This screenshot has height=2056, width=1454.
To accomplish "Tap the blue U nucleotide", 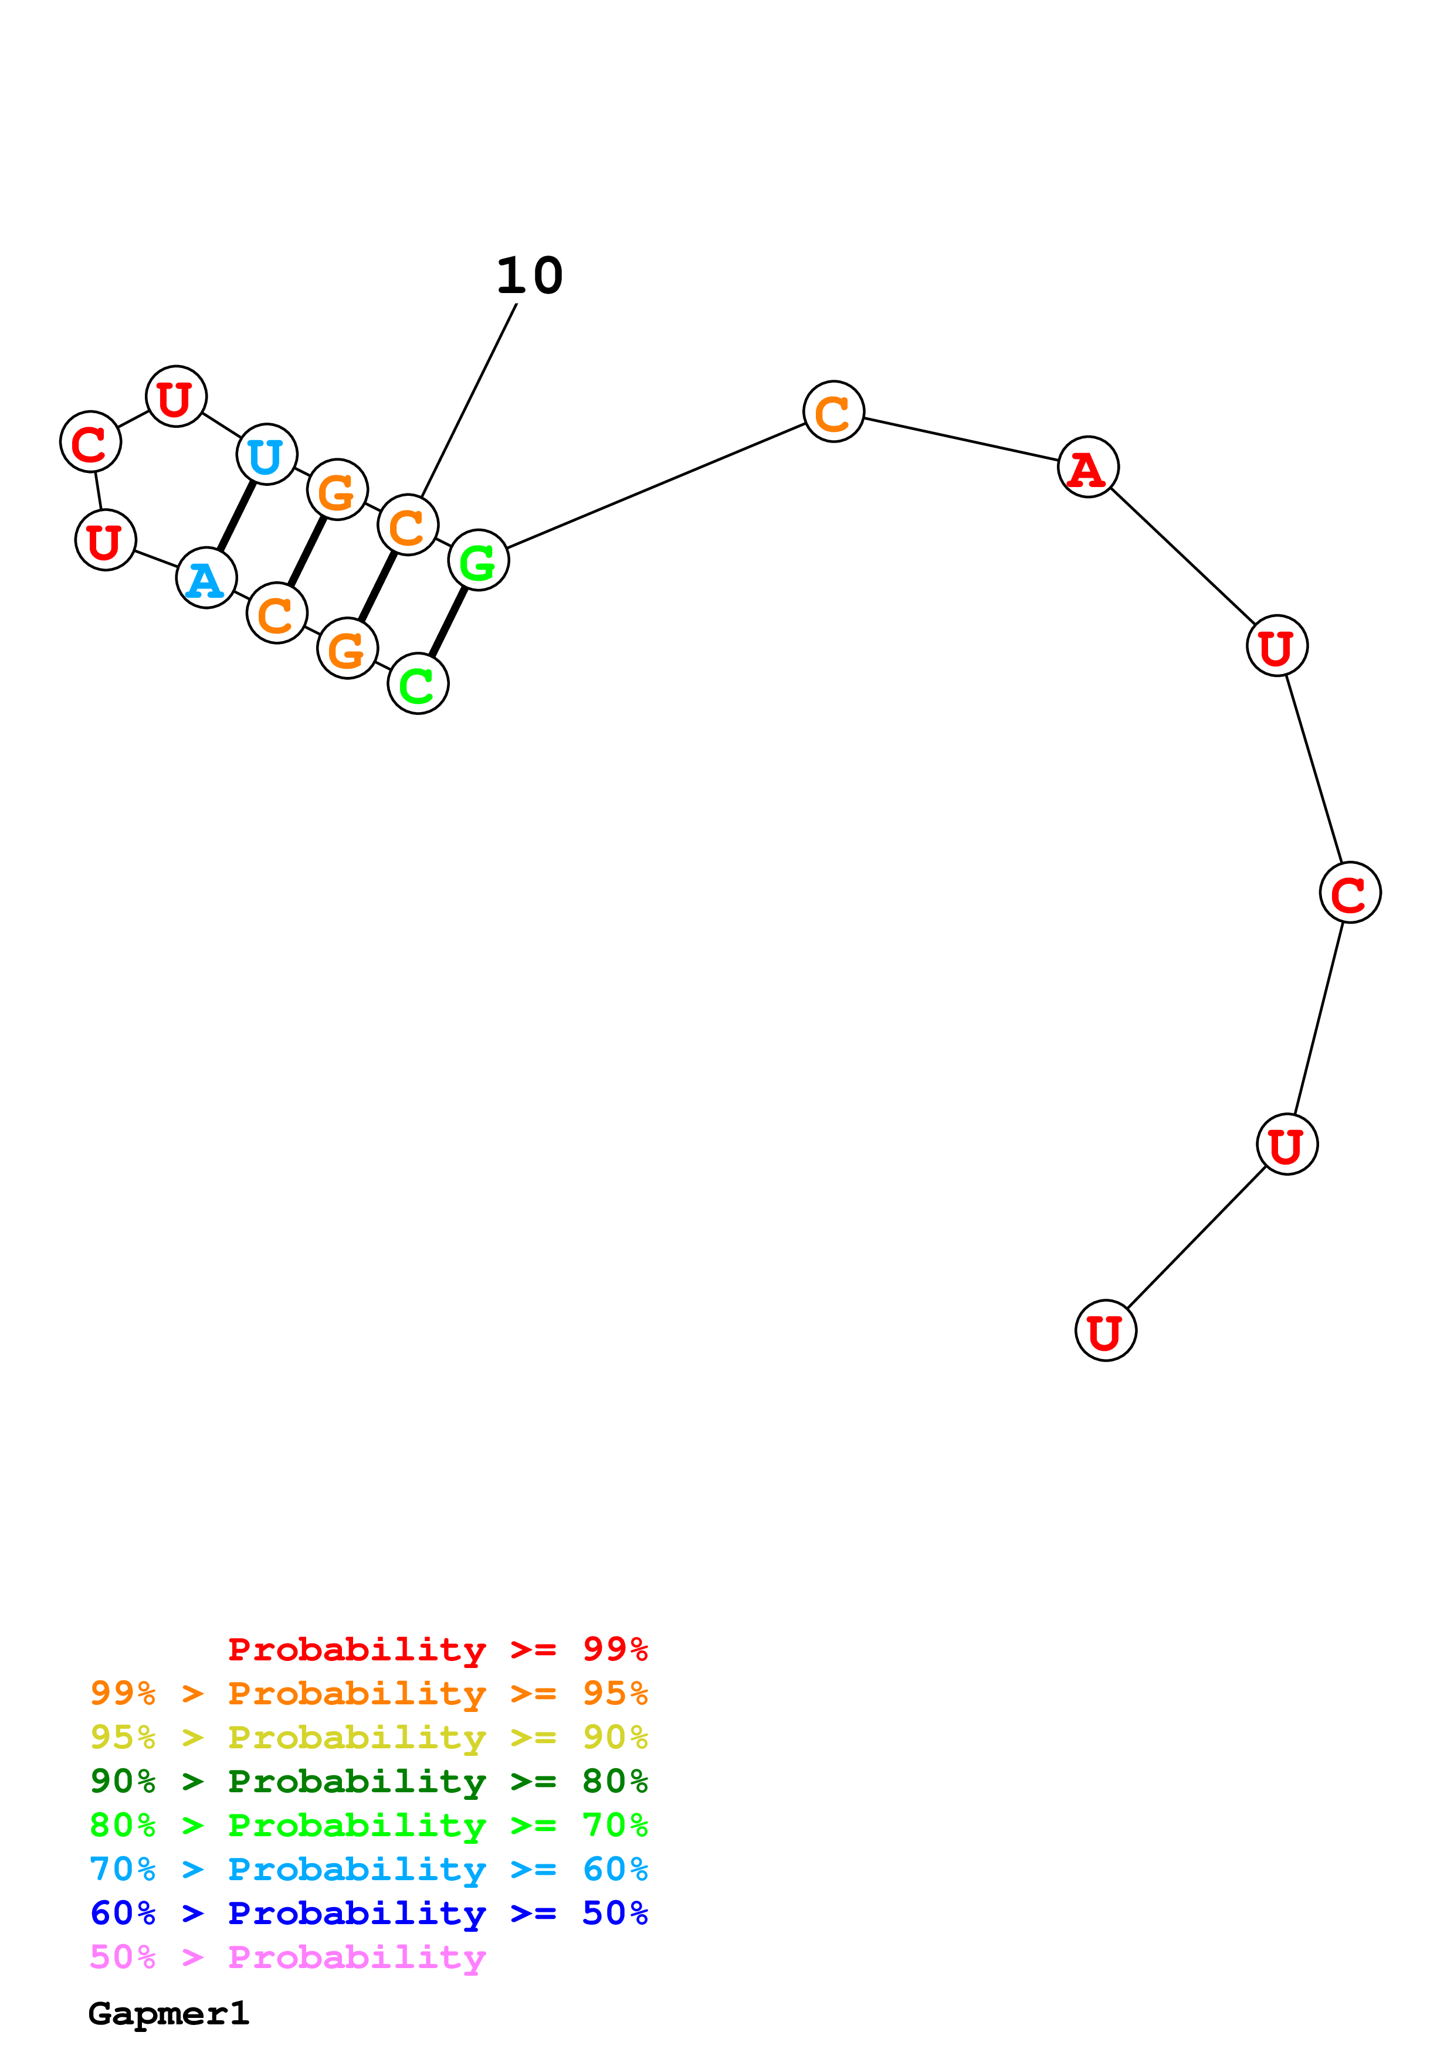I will (266, 454).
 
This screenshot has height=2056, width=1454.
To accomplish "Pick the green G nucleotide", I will (479, 560).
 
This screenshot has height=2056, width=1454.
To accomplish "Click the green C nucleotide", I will (418, 684).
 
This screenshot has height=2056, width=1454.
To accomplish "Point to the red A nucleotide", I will (1087, 468).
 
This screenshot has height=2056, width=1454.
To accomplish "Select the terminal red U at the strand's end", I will (1106, 1330).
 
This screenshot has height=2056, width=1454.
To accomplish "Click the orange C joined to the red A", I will (833, 412).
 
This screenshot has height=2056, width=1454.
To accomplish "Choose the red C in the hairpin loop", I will (90, 442).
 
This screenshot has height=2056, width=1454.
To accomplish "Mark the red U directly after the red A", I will (1277, 646).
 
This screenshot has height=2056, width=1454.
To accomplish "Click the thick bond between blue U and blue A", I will (236, 516).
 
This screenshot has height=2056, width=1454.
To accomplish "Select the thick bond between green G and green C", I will (448, 622).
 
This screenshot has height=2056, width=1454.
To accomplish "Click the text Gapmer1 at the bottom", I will (168, 2014).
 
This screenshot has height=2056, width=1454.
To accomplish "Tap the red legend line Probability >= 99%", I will (437, 1649).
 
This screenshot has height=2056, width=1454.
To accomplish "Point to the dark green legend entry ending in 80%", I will (368, 1781).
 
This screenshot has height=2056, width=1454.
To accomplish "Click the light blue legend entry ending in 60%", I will (368, 1869).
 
